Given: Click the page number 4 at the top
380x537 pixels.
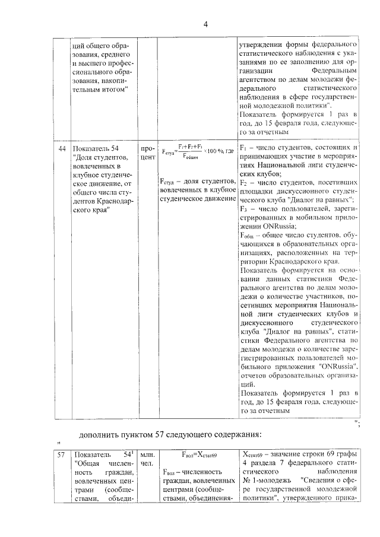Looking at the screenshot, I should coord(205,24).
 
